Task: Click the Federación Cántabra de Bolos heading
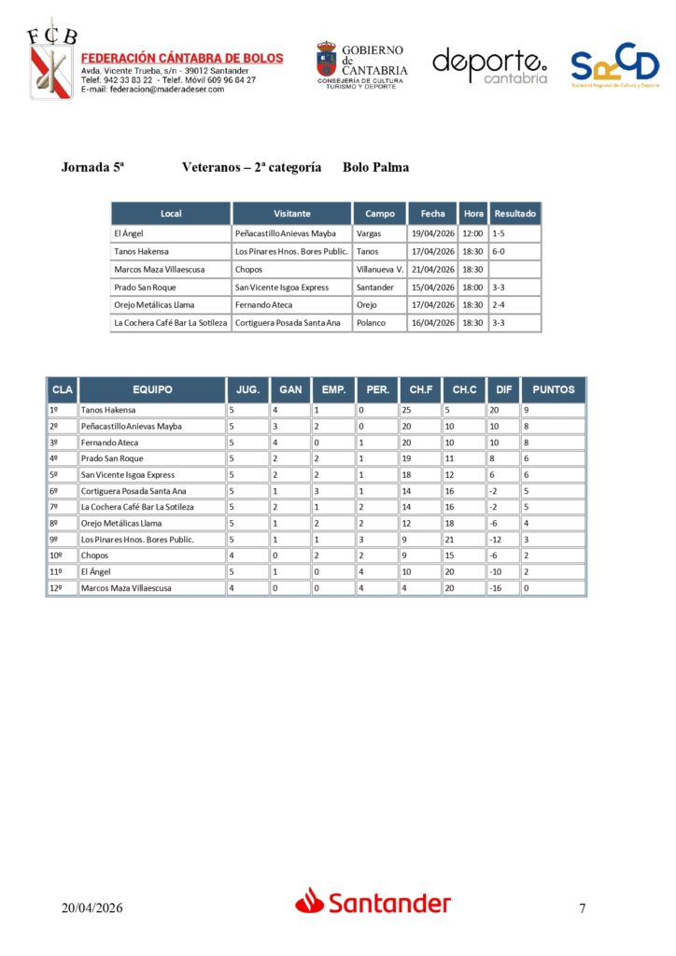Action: click(x=182, y=58)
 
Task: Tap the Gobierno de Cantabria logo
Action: click(x=361, y=64)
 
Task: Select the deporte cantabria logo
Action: click(x=489, y=65)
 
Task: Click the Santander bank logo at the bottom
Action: click(x=373, y=902)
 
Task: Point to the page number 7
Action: click(x=583, y=907)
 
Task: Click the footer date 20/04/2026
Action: click(x=92, y=907)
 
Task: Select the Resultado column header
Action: click(x=515, y=214)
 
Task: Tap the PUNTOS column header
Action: click(x=553, y=389)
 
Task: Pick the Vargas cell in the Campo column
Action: click(x=368, y=233)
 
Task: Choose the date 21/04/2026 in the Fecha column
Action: click(x=433, y=269)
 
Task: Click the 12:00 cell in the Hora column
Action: click(x=473, y=233)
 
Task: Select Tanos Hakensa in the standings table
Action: click(x=108, y=410)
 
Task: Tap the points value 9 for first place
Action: click(x=526, y=410)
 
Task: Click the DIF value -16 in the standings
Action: click(x=497, y=588)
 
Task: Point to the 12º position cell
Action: click(x=59, y=588)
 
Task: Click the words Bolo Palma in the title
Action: click(x=375, y=168)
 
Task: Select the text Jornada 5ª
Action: click(x=93, y=168)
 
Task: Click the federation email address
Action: click(x=152, y=90)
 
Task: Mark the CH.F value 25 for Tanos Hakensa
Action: click(x=406, y=410)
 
